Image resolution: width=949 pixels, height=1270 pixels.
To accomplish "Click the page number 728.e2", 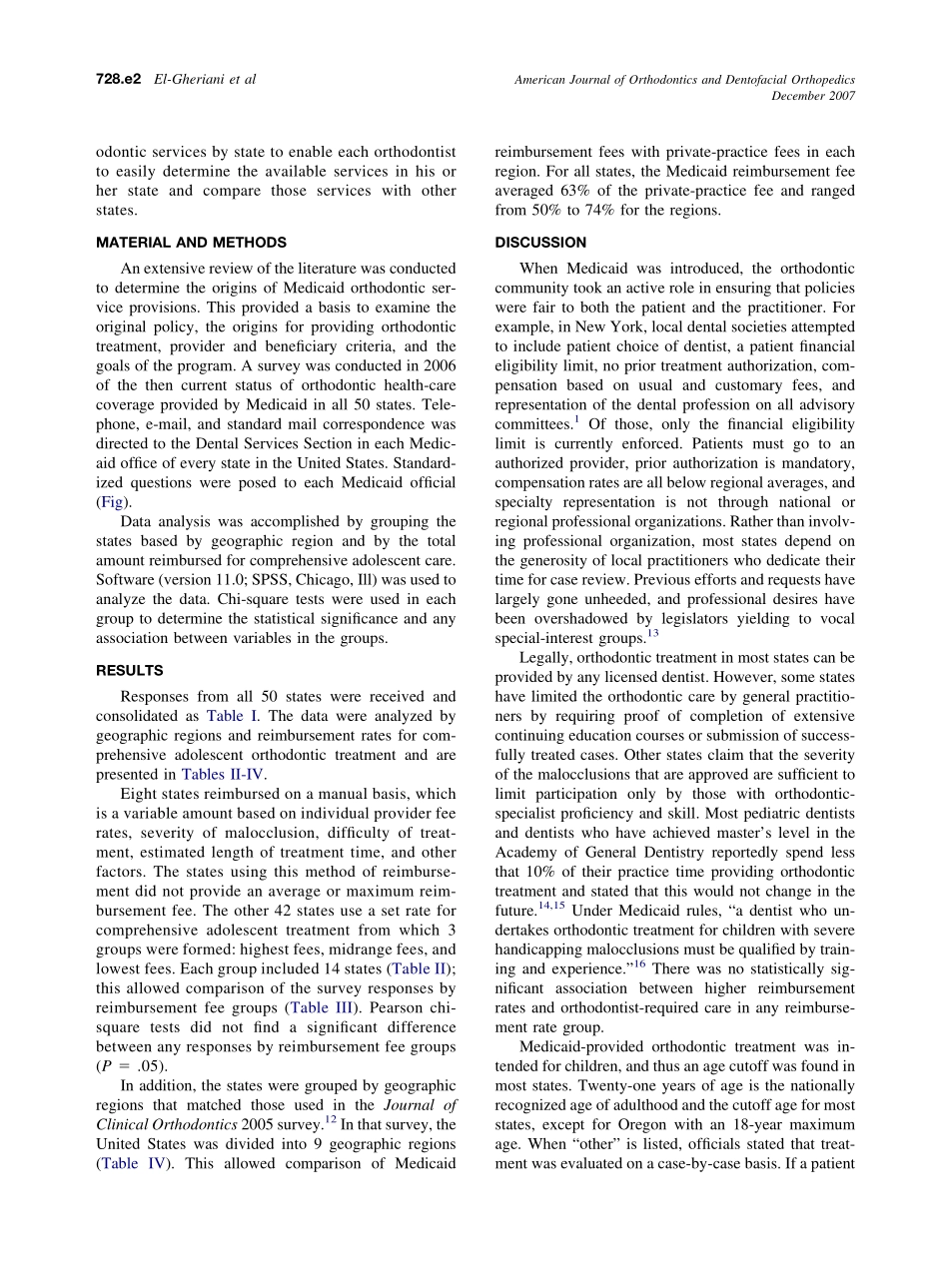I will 119,78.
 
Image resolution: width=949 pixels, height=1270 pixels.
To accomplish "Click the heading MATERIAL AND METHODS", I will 191,243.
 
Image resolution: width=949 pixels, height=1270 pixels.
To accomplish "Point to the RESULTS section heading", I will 130,671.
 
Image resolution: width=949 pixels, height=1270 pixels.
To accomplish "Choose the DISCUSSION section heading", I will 540,243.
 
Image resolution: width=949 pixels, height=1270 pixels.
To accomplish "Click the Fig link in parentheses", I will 113,502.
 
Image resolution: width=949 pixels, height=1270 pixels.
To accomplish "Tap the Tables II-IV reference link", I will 224,774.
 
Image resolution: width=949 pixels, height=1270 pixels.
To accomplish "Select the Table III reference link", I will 321,1007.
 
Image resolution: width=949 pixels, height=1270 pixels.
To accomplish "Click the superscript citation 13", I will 652,634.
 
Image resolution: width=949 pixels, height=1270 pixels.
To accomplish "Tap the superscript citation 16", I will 639,964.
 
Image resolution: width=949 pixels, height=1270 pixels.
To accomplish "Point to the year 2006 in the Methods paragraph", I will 437,365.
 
